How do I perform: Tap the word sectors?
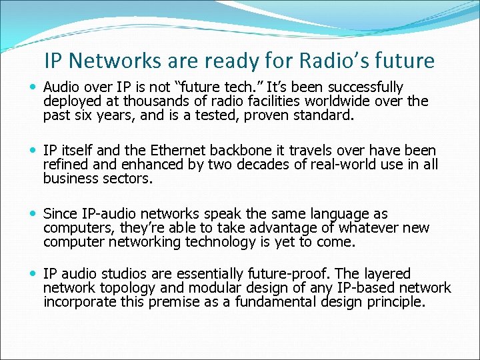pyautogui.click(x=130, y=178)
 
